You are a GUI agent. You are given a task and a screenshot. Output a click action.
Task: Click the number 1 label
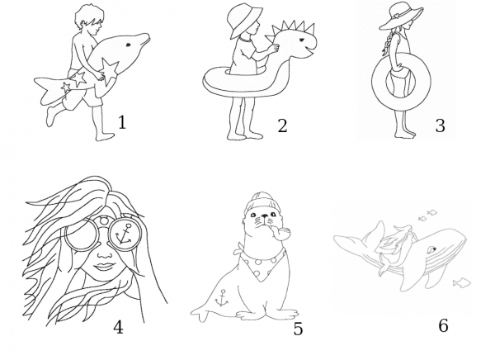point(122,122)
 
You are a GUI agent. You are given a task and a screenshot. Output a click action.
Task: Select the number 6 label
point(443,325)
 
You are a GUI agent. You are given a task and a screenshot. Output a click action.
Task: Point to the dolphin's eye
point(129,45)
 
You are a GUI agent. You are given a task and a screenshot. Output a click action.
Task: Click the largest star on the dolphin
point(111,72)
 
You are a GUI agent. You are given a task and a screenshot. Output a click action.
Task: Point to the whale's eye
point(431,250)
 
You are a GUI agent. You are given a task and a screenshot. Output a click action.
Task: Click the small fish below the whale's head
point(462,282)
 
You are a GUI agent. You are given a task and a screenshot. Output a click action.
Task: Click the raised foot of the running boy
point(50,116)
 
